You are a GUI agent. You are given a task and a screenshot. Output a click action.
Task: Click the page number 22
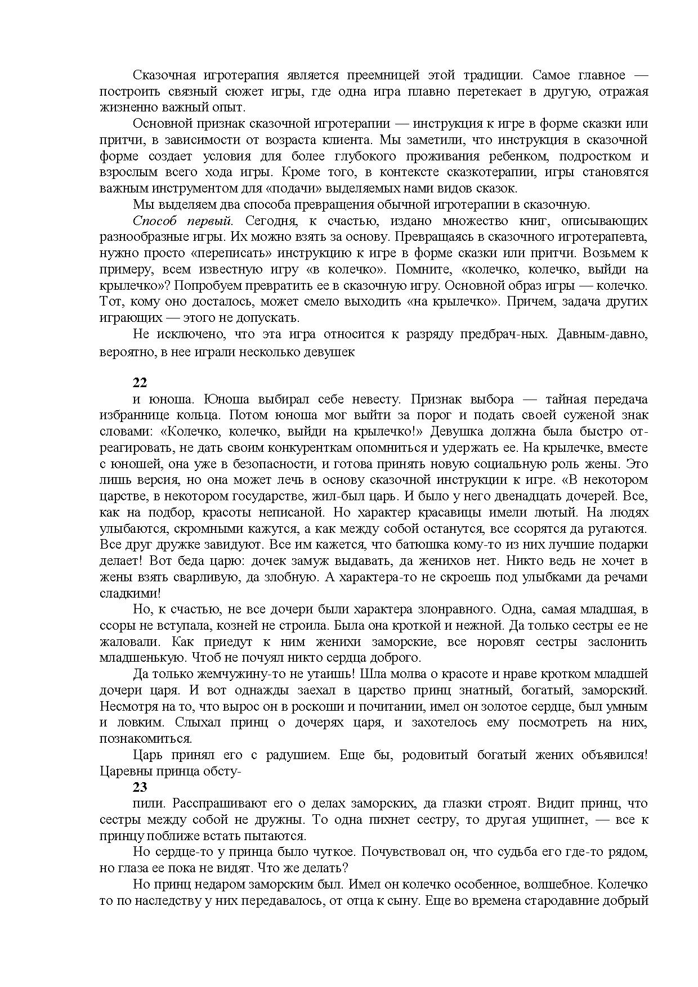tap(140, 383)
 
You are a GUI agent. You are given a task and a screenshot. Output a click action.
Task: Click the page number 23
tap(140, 787)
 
